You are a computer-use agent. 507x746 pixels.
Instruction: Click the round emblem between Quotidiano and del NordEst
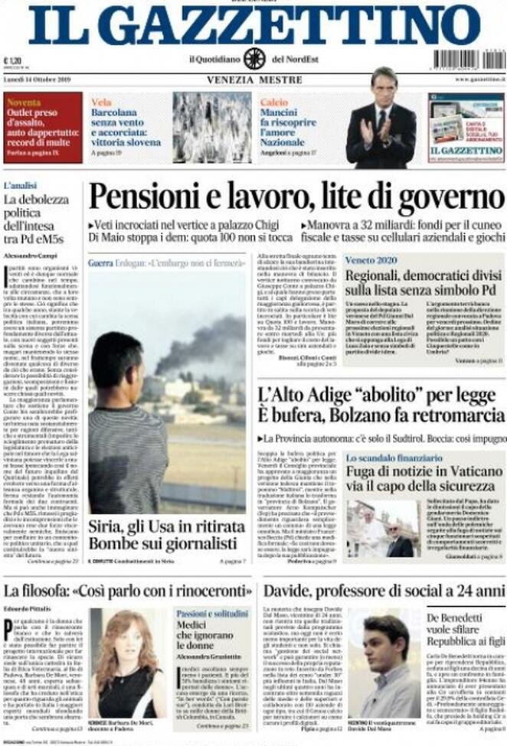click(253, 58)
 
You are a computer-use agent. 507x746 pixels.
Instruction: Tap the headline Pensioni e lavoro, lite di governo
click(296, 196)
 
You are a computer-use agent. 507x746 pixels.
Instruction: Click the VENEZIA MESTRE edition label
click(253, 80)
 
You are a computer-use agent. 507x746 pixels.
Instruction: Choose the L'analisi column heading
click(21, 185)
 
